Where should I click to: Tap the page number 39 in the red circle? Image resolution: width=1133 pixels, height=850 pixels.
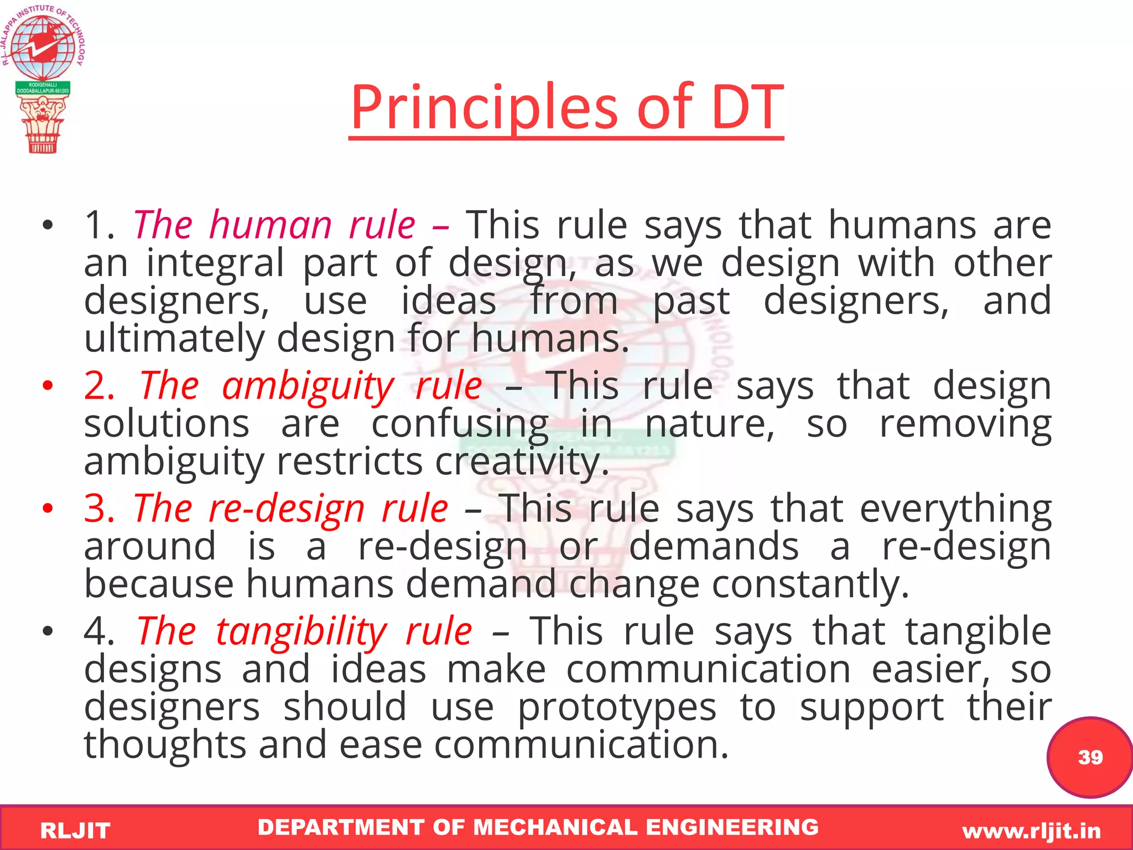[1090, 757]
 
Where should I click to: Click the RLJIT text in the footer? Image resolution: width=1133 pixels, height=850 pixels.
[75, 831]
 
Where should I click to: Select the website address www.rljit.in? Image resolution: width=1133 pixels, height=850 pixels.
[1031, 831]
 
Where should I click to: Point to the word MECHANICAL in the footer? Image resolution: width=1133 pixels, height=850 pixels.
[557, 827]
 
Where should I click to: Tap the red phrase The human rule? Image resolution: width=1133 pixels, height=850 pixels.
[274, 225]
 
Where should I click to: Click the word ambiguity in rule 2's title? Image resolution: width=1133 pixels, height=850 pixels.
[308, 386]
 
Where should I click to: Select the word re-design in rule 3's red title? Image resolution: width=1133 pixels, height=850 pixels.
[287, 509]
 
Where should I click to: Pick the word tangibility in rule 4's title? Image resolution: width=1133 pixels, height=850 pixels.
[302, 631]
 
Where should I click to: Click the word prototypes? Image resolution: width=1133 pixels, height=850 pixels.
[617, 708]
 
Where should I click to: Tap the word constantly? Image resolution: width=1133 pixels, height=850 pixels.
[810, 584]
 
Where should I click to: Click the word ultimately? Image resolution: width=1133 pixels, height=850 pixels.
[174, 339]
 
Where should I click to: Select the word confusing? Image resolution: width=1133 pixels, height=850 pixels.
[460, 425]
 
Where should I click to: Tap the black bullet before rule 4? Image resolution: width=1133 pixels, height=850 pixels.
[48, 631]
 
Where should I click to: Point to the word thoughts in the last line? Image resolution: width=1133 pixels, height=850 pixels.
[165, 745]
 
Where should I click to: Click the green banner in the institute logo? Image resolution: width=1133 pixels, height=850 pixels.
[43, 88]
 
